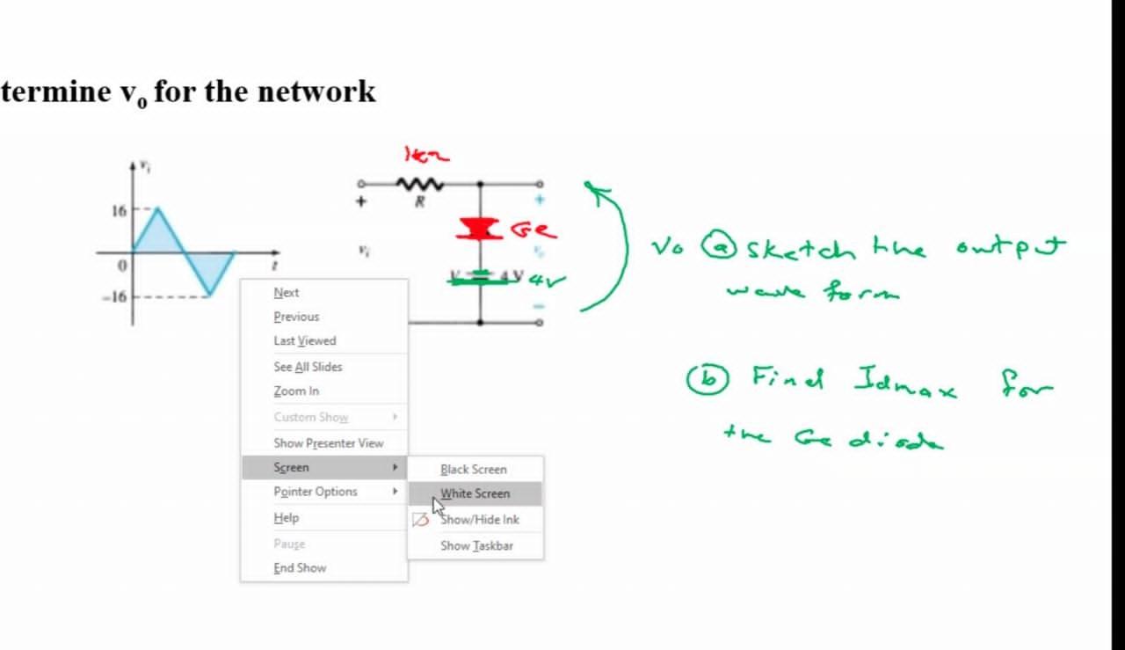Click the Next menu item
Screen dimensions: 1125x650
click(x=287, y=293)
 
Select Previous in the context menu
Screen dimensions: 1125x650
click(x=296, y=317)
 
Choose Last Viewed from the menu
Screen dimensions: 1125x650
click(x=304, y=340)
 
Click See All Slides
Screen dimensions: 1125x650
click(x=308, y=367)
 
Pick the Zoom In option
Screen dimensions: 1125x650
click(x=296, y=391)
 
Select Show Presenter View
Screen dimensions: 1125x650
click(x=328, y=443)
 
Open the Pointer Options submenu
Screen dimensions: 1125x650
click(x=316, y=492)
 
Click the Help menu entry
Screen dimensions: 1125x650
click(x=287, y=518)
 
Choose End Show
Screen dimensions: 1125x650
click(x=300, y=568)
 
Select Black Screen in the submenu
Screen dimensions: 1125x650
click(x=474, y=470)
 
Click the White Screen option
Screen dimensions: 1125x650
click(x=475, y=493)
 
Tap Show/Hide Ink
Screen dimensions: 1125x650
click(x=480, y=520)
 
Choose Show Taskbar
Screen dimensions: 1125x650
click(x=477, y=546)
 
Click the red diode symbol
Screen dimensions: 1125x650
click(x=479, y=229)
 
